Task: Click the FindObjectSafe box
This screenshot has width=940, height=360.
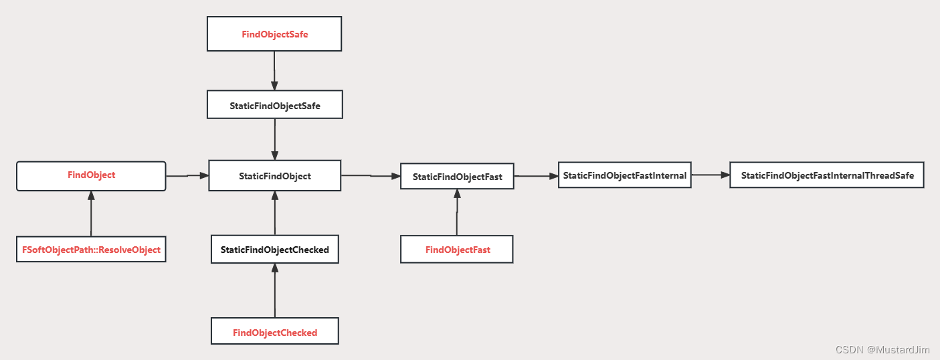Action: [x=274, y=34]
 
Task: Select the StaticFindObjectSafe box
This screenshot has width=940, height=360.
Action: [x=275, y=106]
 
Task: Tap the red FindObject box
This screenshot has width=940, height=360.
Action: [x=91, y=175]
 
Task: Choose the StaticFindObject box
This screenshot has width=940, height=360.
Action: [x=275, y=176]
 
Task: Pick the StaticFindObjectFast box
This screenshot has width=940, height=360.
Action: [x=457, y=177]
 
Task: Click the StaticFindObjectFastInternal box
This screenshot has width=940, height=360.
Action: [x=625, y=175]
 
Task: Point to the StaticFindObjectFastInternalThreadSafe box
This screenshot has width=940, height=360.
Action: [x=827, y=175]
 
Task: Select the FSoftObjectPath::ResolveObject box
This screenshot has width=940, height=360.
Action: [x=91, y=250]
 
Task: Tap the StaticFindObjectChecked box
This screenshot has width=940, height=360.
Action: [x=275, y=250]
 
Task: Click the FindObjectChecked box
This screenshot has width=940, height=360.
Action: [x=275, y=332]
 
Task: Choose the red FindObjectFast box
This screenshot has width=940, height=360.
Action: [x=457, y=250]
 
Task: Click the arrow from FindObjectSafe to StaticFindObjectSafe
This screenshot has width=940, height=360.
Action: [x=274, y=71]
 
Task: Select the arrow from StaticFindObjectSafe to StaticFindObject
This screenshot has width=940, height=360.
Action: [x=275, y=139]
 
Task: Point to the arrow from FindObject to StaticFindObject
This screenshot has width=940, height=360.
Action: [x=187, y=176]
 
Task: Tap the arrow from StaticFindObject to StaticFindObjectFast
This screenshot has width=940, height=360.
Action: [x=371, y=176]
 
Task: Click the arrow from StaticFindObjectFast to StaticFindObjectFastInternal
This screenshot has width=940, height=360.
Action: [x=536, y=176]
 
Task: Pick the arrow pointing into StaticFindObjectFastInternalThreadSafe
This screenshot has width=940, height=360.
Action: [x=711, y=175]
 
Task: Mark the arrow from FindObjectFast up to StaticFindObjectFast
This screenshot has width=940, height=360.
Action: [x=457, y=212]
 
